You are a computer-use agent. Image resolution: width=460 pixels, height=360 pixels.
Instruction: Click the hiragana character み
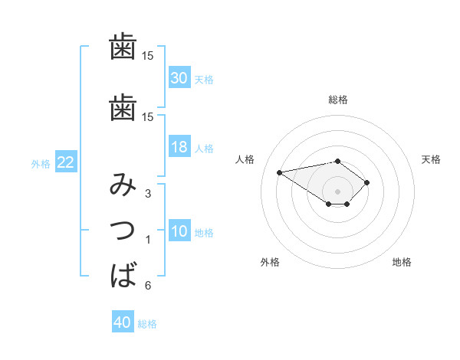123,185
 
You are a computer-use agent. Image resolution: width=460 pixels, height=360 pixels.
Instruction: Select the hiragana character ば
124,273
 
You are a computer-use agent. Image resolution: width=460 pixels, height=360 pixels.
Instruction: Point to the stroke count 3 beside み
148,194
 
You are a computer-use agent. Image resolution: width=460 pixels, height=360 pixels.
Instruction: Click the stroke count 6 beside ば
148,286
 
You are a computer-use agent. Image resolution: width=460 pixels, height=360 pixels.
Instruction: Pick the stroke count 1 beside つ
148,240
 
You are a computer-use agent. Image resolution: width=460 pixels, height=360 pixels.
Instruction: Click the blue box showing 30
179,78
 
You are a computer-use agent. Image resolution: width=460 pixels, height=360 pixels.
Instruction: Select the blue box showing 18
179,147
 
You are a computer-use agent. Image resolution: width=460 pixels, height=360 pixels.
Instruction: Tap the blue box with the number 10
179,231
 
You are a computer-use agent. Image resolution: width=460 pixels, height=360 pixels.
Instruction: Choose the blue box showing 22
65,162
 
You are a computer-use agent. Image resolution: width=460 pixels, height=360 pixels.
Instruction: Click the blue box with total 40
123,322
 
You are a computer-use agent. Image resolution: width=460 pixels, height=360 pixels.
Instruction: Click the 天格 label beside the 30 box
203,80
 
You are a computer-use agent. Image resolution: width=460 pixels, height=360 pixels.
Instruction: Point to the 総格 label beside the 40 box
147,324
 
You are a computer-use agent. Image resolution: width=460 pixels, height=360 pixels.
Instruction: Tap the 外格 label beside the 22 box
41,163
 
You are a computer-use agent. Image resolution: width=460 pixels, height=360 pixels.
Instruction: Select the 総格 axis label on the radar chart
337,100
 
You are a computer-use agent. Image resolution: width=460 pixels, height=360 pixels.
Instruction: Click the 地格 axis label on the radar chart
402,263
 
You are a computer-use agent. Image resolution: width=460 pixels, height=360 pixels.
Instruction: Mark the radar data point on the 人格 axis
280,172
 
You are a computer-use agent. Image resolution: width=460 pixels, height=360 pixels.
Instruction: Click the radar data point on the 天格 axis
367,182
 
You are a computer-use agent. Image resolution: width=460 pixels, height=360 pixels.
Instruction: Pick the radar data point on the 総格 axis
337,161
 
